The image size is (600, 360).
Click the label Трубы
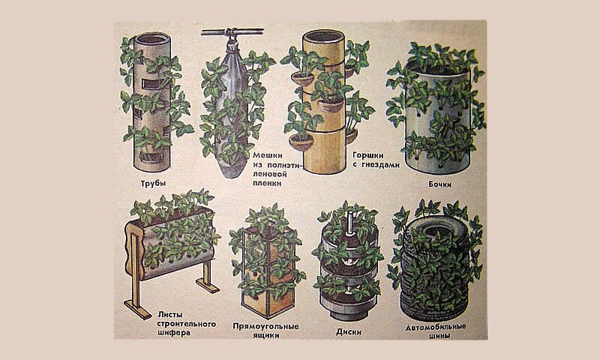[x=153, y=183]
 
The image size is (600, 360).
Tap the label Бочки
[x=439, y=184]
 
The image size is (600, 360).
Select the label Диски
[x=349, y=331]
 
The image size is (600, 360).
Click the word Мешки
[x=268, y=155]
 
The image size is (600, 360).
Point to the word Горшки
[x=367, y=155]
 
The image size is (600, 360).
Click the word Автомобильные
[x=436, y=328]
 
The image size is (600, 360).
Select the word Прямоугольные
[x=265, y=327]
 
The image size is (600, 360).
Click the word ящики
[x=266, y=335]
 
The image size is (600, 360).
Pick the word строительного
[x=187, y=324]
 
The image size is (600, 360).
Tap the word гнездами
[x=380, y=165]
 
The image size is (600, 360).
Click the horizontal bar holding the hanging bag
[x=232, y=31]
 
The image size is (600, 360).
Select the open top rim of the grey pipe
[x=153, y=39]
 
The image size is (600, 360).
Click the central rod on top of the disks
[x=349, y=224]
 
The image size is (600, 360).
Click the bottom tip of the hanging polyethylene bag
[x=231, y=176]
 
